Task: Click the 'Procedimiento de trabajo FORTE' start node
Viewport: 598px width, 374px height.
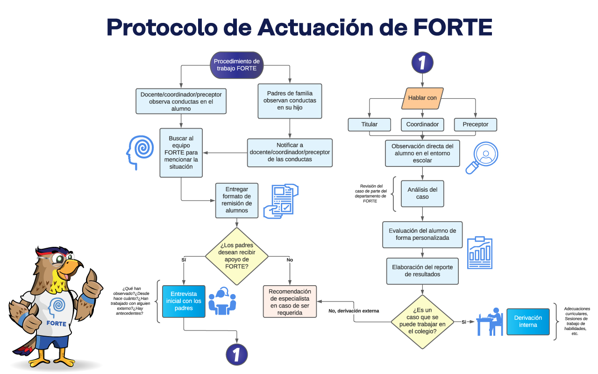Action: tap(236, 65)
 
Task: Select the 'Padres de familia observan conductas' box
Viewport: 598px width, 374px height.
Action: tap(290, 101)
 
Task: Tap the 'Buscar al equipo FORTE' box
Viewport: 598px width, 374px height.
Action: tap(181, 152)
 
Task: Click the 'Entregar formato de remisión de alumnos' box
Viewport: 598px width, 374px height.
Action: tap(237, 200)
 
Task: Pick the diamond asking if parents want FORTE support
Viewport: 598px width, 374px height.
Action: tap(236, 256)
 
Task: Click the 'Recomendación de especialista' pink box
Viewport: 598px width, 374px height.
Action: tap(289, 302)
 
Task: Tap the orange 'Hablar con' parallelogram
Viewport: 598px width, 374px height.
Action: tap(422, 98)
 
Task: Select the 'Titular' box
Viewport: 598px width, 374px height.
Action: tap(369, 124)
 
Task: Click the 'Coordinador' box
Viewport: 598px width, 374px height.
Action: tap(422, 124)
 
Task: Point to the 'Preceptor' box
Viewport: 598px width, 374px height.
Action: tap(475, 124)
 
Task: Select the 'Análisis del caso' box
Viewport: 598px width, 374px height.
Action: tap(422, 193)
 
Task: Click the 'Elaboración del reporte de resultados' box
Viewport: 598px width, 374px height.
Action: tap(422, 271)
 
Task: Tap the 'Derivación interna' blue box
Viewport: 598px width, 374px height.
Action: tap(528, 321)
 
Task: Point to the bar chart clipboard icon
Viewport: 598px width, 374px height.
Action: tap(480, 252)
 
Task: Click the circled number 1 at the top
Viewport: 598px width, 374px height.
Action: tap(422, 62)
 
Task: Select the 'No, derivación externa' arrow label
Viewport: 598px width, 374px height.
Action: tap(354, 310)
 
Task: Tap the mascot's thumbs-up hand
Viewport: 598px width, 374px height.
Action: tap(91, 285)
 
